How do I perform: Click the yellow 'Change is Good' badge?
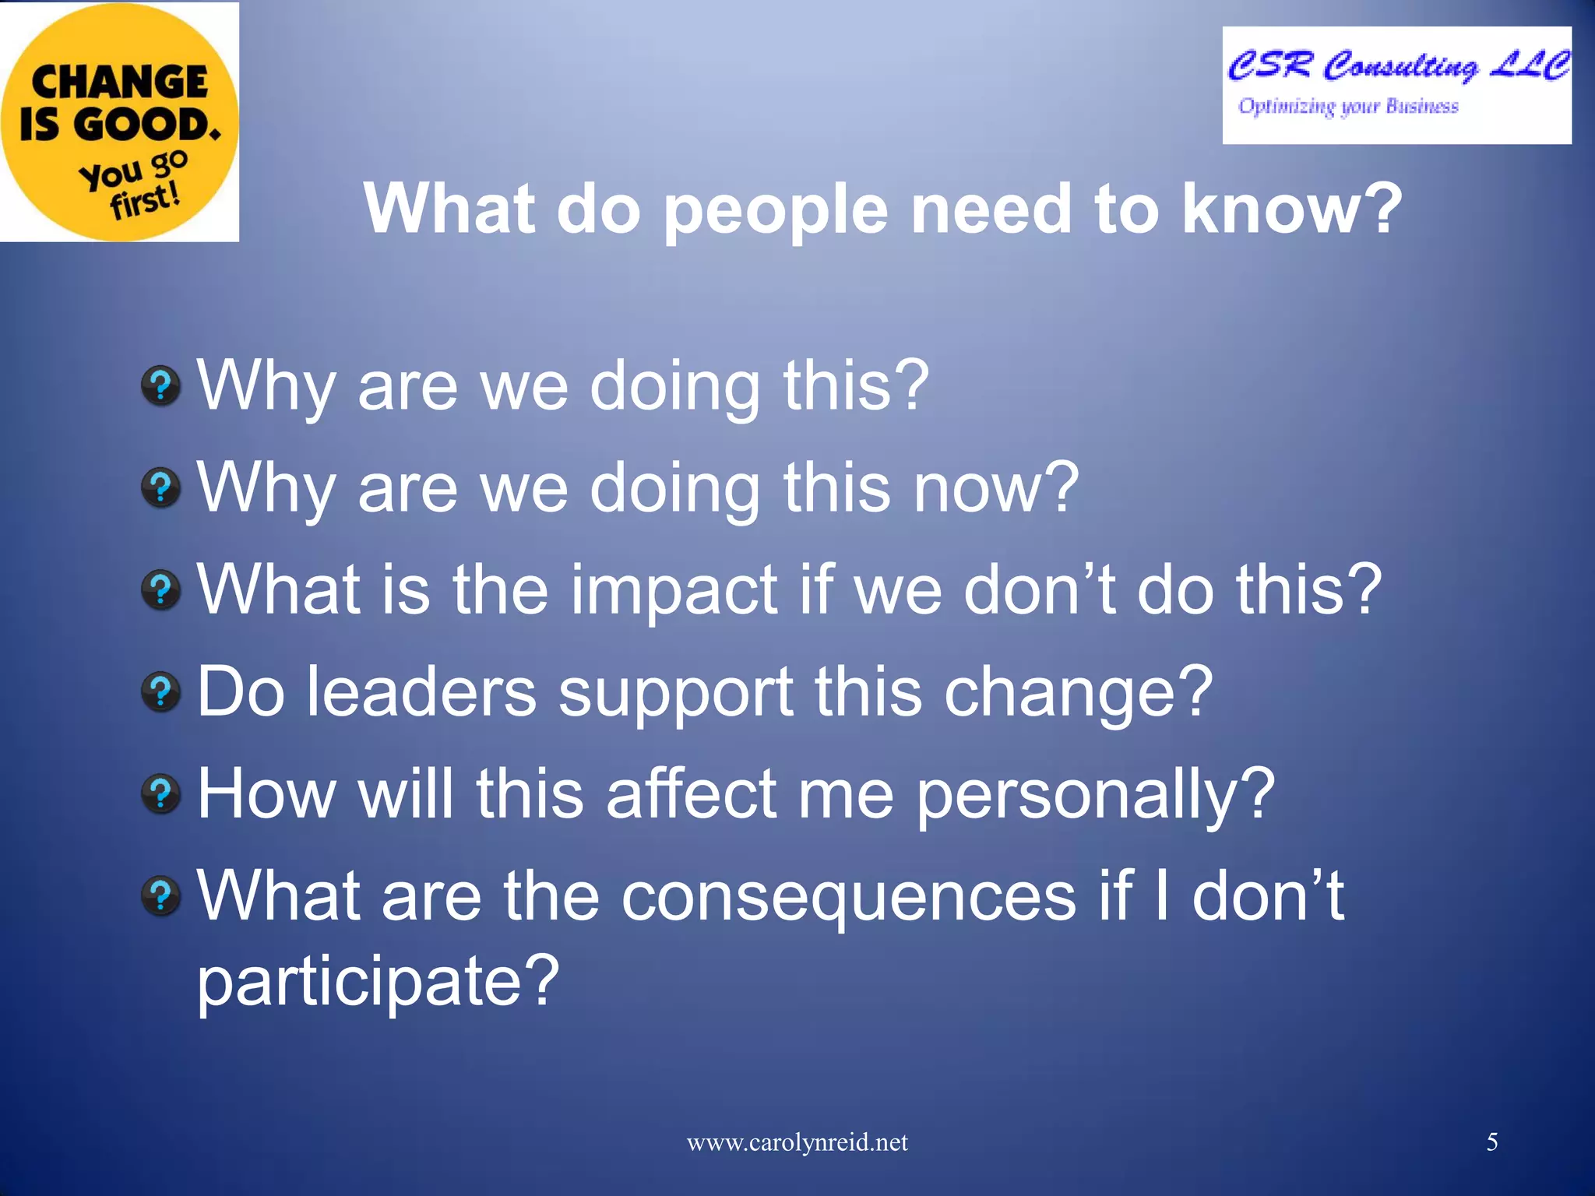118,121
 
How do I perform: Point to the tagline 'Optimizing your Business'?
1348,107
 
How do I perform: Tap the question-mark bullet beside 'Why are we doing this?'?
161,385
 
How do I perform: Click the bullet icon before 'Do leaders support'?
161,691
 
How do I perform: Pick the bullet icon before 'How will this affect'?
161,794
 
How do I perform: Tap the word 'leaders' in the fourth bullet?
421,691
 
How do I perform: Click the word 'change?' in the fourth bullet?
1078,693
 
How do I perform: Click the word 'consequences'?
849,897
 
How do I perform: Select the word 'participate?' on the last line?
379,981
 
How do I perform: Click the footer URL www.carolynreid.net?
797,1142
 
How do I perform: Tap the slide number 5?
1492,1142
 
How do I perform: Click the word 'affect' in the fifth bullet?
692,794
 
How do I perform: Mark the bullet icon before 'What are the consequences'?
161,895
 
